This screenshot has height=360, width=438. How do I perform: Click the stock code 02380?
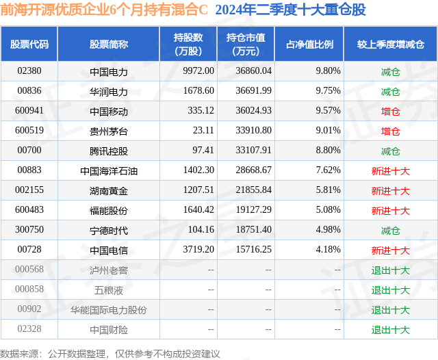(29, 70)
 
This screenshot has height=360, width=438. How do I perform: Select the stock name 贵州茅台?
(109, 131)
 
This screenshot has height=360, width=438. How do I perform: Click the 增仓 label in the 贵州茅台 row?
(390, 131)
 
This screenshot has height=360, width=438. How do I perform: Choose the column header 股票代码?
(29, 44)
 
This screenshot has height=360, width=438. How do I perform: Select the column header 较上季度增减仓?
(390, 44)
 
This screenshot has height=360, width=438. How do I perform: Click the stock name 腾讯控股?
(109, 151)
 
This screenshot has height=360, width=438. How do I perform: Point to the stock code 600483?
(29, 210)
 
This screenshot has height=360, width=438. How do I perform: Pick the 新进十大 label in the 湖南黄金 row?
(390, 190)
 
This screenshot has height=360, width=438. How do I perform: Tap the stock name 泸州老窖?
(109, 270)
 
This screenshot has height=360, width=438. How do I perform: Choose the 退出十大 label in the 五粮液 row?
(390, 290)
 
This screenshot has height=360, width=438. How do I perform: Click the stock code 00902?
(29, 309)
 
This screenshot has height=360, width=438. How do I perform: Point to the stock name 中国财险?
(109, 330)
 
